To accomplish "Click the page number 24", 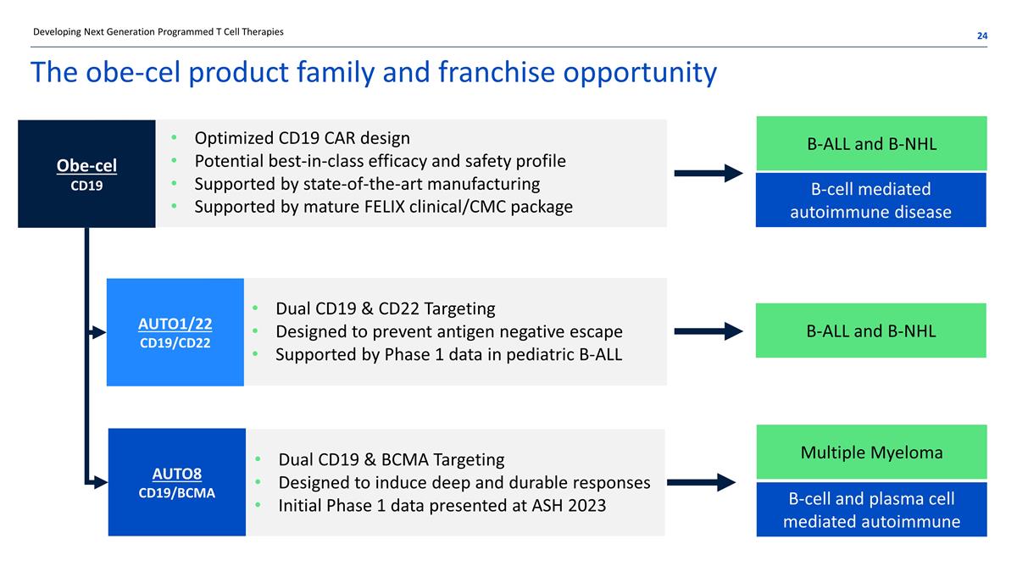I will point(981,36).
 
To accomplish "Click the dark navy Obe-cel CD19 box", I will point(86,173).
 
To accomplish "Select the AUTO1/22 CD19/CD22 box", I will point(175,331).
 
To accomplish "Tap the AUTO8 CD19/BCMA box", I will point(176,481).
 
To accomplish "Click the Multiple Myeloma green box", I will point(871,453).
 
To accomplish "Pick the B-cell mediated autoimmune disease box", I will point(870,200).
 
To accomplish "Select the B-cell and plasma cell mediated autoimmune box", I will point(871,510).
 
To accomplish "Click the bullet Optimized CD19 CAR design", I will point(302,138).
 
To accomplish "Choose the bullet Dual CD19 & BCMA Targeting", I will point(391,460).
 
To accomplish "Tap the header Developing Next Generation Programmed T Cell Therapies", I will point(158,32).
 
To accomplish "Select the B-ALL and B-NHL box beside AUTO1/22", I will point(870,330).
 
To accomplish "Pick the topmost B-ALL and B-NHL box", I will point(871,143).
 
